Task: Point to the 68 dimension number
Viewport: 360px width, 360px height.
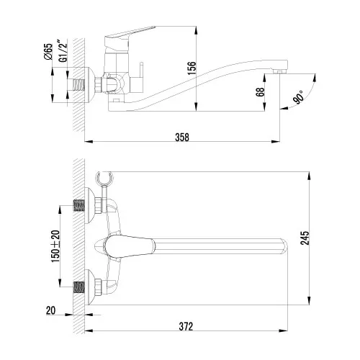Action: pos(258,94)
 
